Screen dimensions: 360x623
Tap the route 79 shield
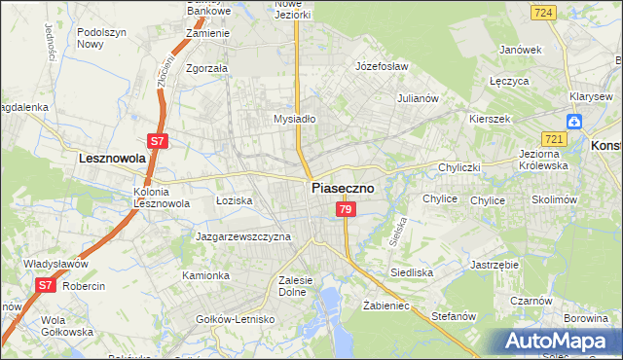(x=345, y=209)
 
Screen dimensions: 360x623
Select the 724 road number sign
(x=544, y=13)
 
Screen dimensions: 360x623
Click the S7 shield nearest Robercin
(x=45, y=285)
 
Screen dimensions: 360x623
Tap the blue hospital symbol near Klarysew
(x=576, y=122)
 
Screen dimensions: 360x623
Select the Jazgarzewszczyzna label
(x=243, y=236)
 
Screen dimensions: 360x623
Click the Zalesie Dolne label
(x=293, y=285)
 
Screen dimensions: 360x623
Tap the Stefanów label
(x=453, y=316)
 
